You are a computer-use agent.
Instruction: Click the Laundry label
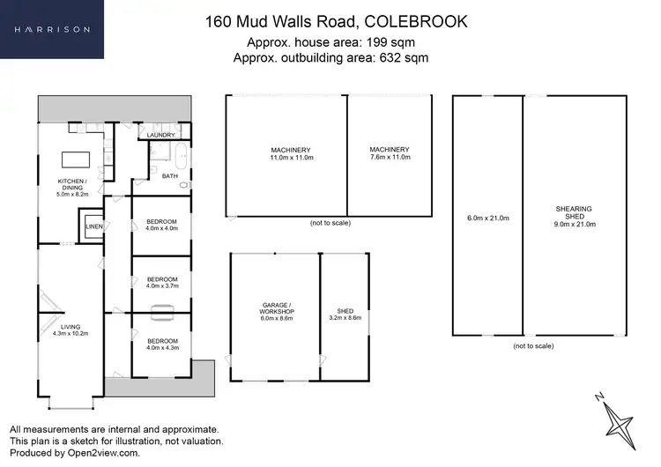click(161, 135)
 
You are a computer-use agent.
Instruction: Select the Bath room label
click(170, 176)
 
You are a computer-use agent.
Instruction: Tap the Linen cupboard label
click(93, 226)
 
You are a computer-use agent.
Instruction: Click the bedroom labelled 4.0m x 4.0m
click(161, 224)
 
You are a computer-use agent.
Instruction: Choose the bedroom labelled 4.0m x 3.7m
click(161, 281)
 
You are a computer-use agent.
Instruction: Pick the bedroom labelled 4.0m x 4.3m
click(161, 344)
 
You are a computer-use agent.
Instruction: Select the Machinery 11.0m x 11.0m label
click(291, 153)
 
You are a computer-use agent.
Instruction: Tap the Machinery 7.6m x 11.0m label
click(390, 153)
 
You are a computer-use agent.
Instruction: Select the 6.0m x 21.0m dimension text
click(487, 219)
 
